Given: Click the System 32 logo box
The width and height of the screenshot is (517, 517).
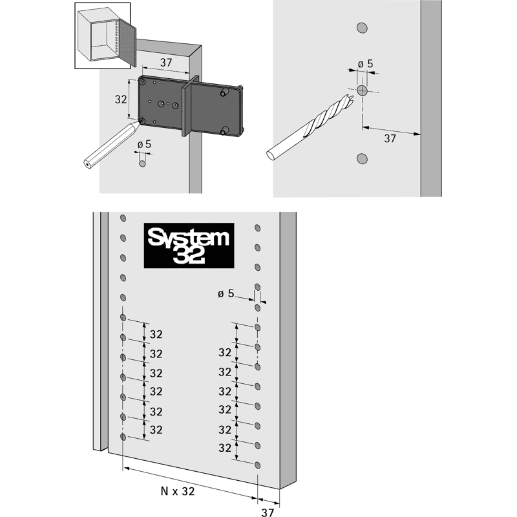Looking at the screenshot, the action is (189, 246).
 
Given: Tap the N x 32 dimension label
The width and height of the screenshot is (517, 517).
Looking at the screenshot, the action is (178, 491).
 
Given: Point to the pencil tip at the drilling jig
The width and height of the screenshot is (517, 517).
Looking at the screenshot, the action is (141, 122).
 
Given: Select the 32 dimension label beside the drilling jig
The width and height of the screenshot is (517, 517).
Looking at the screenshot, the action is (121, 99).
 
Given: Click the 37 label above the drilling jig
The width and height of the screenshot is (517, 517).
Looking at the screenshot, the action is (166, 62).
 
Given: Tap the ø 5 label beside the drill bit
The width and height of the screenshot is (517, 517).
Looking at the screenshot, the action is (365, 63).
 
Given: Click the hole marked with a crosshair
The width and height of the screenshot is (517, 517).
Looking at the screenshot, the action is (362, 90).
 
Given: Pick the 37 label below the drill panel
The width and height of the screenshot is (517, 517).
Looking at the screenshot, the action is (390, 138).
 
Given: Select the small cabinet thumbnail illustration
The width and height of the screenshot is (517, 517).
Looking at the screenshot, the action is (103, 36).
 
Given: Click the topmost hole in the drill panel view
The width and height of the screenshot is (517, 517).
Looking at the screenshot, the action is (362, 28).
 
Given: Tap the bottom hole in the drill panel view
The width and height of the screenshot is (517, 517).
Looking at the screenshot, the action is (362, 158).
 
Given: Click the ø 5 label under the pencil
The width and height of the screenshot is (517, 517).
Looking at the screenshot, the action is (144, 144).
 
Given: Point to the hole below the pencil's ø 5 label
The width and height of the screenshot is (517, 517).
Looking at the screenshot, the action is (142, 164).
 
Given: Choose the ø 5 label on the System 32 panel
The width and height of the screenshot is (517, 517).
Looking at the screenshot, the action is (226, 293).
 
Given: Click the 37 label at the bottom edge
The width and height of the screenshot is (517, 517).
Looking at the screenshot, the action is (268, 512).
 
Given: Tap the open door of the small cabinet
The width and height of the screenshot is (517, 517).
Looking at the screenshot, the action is (127, 42).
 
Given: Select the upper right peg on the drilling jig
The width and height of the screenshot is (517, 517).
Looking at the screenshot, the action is (224, 92).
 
